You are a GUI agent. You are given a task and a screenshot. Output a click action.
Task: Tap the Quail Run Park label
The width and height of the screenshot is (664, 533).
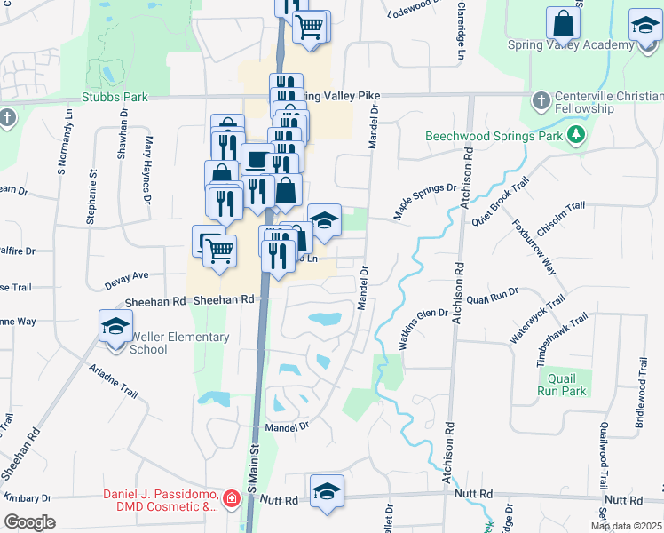coord(563,385)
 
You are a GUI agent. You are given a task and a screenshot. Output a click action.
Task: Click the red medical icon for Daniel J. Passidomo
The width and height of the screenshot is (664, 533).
coord(232,500)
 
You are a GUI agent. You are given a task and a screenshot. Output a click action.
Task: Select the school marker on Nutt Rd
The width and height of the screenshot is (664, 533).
coord(327,491)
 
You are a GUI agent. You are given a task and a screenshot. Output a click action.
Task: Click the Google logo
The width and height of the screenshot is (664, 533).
coord(29,522)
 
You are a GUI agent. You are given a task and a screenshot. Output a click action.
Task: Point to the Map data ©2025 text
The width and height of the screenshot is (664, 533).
coord(626,526)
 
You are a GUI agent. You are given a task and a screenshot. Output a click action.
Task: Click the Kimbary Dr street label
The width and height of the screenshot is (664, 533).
coord(27,499)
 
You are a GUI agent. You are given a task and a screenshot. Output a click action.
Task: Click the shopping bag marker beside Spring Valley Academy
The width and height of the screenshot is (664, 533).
coord(563,23)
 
